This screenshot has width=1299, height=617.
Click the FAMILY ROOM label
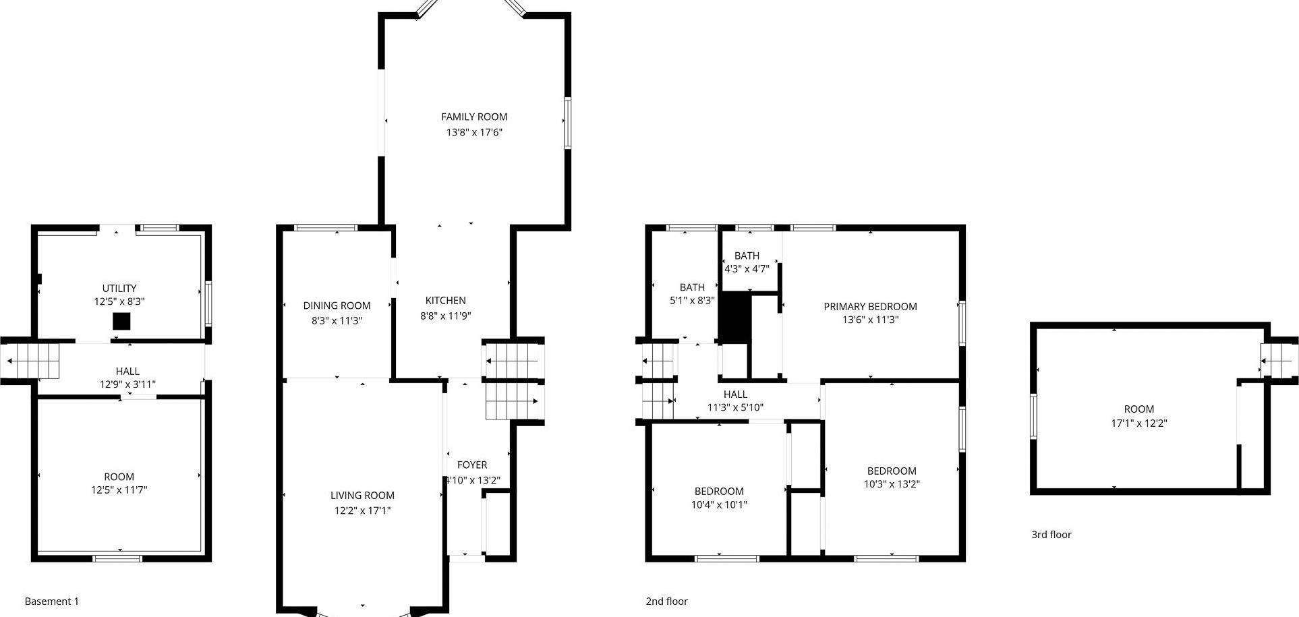click(473, 117)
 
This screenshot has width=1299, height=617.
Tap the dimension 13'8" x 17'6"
click(473, 132)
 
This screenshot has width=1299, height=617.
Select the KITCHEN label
click(445, 301)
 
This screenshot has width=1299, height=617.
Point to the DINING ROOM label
click(337, 305)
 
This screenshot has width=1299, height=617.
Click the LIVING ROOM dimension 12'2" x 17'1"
click(362, 510)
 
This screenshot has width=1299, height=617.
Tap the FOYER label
click(472, 465)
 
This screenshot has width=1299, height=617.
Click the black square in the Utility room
click(121, 321)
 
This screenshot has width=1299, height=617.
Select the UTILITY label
click(119, 288)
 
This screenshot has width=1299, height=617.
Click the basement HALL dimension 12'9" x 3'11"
click(127, 384)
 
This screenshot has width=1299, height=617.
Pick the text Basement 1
click(52, 601)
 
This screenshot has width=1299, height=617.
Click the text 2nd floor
click(666, 601)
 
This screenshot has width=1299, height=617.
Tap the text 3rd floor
click(1051, 535)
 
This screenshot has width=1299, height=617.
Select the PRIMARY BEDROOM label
click(870, 306)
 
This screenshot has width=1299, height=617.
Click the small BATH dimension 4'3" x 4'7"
click(747, 268)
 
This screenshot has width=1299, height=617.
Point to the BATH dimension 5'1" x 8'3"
click(692, 300)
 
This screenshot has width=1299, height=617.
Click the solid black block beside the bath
click(734, 316)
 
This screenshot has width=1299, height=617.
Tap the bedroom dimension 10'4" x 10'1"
click(719, 504)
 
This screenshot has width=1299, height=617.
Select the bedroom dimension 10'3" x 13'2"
click(892, 483)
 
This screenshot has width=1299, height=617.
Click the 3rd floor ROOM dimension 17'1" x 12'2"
click(1138, 423)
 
